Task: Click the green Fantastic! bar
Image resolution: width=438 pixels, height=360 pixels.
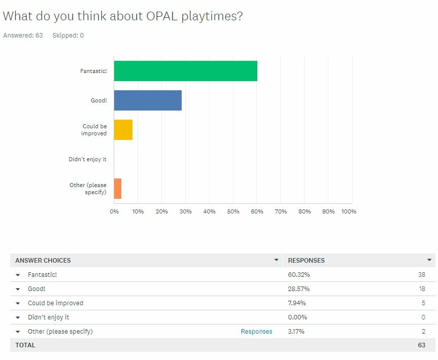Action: coord(185,71)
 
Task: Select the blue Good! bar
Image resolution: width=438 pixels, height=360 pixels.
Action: coord(148,100)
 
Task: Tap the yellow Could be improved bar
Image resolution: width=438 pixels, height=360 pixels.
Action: coord(123,130)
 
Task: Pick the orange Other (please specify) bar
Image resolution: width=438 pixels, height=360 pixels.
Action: coord(118,189)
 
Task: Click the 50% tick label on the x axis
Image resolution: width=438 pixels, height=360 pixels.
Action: coord(233,211)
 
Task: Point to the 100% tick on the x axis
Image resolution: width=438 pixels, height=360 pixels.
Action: coord(349,211)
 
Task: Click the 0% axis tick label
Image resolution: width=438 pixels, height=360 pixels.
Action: coord(114,211)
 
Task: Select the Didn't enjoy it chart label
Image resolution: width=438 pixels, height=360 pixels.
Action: coord(87,159)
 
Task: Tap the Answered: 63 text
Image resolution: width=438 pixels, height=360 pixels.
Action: coord(23,35)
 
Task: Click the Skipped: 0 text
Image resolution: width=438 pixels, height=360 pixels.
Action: coord(68,35)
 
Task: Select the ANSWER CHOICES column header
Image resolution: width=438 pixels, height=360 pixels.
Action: coord(43,261)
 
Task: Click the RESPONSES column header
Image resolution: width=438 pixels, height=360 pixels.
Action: coord(306,261)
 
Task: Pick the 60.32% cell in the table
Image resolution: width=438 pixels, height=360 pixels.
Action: coord(298,275)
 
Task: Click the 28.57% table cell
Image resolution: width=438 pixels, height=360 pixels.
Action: coord(298,289)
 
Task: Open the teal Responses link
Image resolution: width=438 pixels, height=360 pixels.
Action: coord(256,332)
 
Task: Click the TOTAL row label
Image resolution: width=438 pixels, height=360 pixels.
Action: coord(25,345)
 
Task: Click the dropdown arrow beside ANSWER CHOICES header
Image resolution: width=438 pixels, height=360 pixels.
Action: coord(276,260)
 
